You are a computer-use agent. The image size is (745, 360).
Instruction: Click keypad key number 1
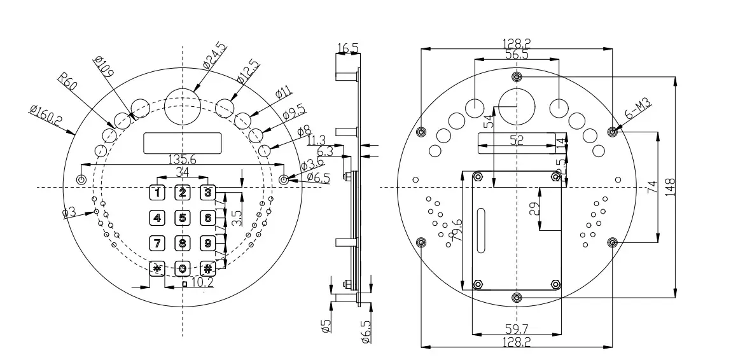coord(157,192)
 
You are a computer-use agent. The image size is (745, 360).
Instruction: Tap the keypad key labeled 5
coord(183,218)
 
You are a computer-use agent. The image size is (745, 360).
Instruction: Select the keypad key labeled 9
coord(207,242)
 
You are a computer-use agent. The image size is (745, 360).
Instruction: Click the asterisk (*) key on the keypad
coord(157,268)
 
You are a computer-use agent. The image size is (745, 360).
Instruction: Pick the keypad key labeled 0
coord(183,268)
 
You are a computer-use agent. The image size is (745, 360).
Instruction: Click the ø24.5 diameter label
coord(214,55)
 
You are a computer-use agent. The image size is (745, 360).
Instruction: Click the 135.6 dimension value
coord(181,160)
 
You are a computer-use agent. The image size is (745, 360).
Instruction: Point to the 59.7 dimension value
coord(517,329)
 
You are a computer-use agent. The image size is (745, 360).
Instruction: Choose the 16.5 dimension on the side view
coord(348,48)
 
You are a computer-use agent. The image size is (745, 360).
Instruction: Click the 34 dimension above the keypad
coord(181,172)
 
